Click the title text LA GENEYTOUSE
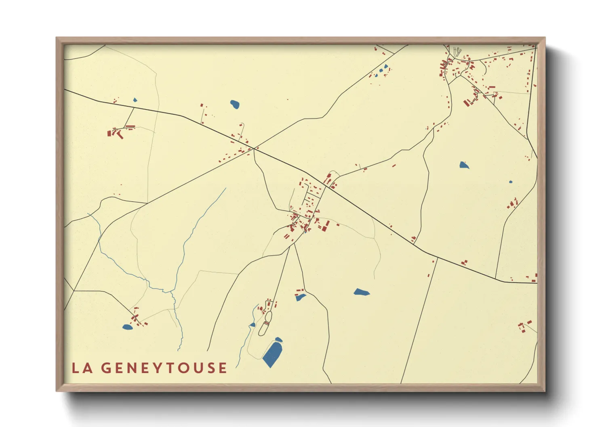149,368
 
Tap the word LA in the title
82,368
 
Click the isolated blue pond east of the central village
464,165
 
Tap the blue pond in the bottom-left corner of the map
127,327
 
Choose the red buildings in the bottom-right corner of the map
524,326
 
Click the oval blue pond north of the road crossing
235,105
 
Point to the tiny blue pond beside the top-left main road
135,100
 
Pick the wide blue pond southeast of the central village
361,292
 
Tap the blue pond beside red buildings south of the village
301,297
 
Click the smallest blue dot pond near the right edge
510,182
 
